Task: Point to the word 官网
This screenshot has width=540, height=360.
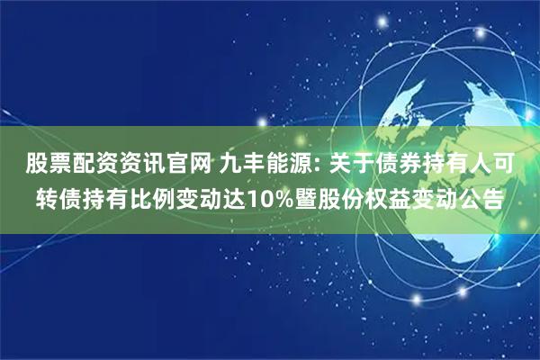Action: click(184, 166)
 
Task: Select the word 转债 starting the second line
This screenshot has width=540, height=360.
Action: click(58, 197)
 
